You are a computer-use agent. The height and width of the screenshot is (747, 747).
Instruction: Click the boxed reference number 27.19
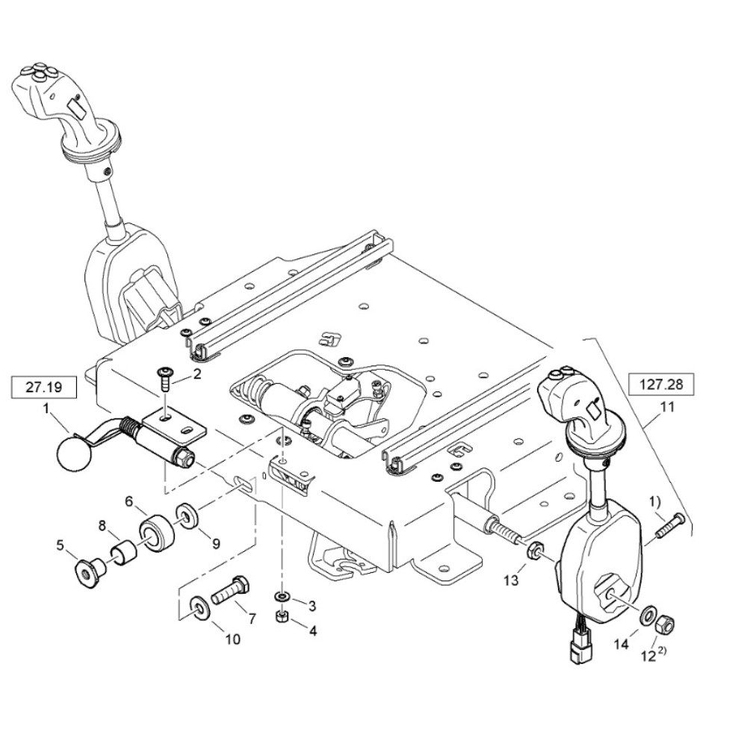click(x=43, y=387)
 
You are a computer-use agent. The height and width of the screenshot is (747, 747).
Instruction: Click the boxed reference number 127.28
click(x=661, y=384)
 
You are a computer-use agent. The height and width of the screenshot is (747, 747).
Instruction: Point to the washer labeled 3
click(x=282, y=597)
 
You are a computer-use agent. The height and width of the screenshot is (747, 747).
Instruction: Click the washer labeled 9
click(x=187, y=515)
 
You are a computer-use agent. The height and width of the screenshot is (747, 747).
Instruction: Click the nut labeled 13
click(x=534, y=549)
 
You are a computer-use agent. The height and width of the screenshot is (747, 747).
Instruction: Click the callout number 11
click(x=667, y=407)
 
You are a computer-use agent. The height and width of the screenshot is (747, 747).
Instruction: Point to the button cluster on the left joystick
click(x=39, y=70)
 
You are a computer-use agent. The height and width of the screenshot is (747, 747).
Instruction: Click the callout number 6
click(x=128, y=501)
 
